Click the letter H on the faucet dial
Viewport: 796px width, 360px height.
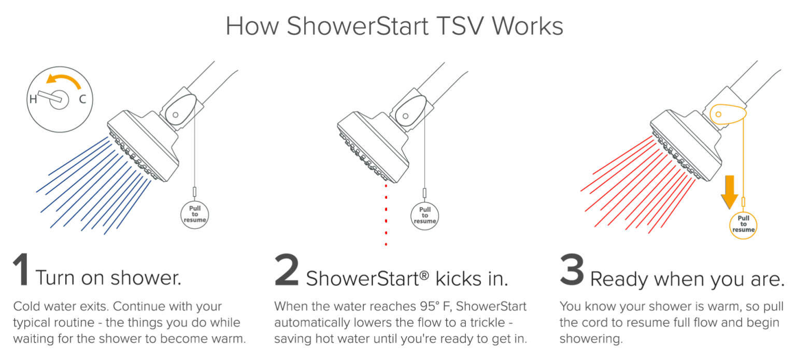coord(33,99)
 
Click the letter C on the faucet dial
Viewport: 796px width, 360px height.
coord(82,99)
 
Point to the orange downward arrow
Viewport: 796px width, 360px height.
coord(729,191)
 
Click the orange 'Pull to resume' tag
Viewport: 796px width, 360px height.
coord(744,224)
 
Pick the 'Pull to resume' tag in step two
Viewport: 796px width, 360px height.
coord(425,214)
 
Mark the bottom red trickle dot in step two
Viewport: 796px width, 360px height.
coord(386,244)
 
